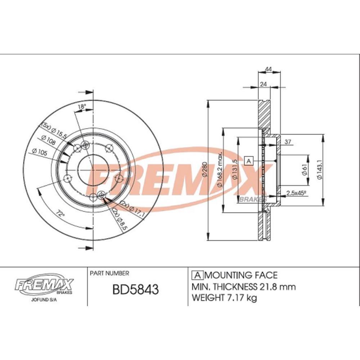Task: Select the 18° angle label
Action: (x=82, y=107)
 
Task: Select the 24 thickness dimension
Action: (x=263, y=84)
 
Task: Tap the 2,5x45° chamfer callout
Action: (x=296, y=193)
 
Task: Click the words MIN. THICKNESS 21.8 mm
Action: (x=244, y=287)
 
